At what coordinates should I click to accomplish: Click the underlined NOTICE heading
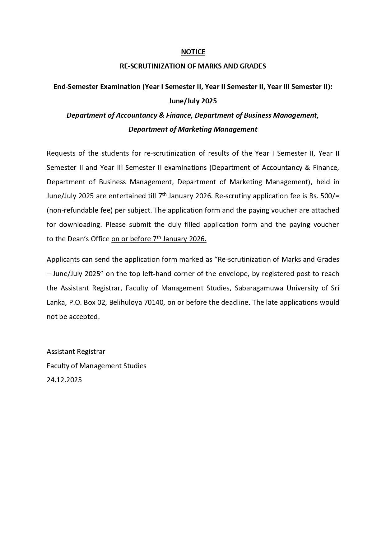(x=193, y=52)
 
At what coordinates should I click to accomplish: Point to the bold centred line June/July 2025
(x=193, y=101)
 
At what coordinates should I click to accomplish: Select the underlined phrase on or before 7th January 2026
(x=159, y=239)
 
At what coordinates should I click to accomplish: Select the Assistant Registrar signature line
(x=76, y=352)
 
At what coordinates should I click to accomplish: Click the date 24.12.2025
(x=64, y=380)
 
